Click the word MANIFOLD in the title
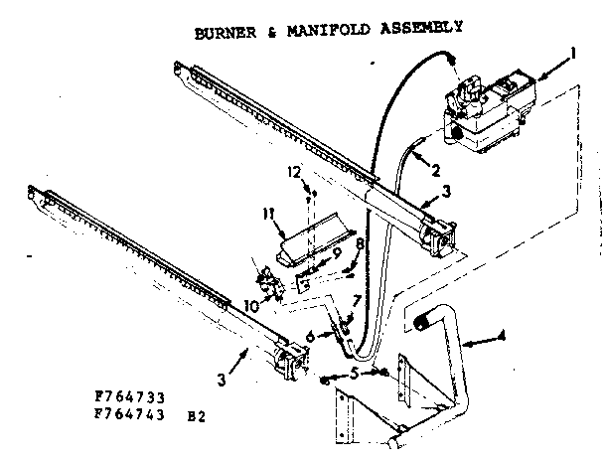pos(323,29)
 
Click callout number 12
pos(293,172)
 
